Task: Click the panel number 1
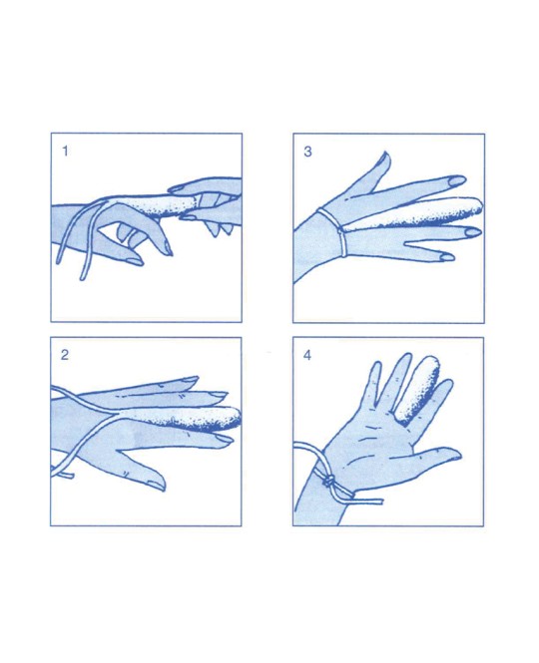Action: pyautogui.click(x=65, y=151)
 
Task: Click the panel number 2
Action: pyautogui.click(x=65, y=355)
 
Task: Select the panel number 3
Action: pyautogui.click(x=307, y=152)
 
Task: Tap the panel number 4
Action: pyautogui.click(x=307, y=355)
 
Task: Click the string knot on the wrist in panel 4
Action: pyautogui.click(x=329, y=481)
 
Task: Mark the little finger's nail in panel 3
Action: pyautogui.click(x=447, y=256)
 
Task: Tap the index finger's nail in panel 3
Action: pyautogui.click(x=457, y=180)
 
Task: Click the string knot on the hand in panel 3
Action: pyautogui.click(x=339, y=230)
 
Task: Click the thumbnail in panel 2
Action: pyautogui.click(x=156, y=484)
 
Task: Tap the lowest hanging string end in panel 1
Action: pyautogui.click(x=83, y=277)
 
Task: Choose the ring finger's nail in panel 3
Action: pyautogui.click(x=473, y=232)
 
